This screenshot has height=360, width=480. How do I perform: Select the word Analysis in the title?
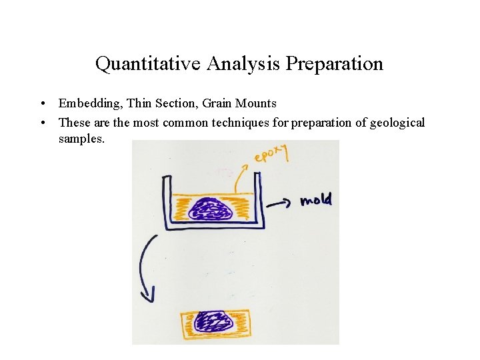pyautogui.click(x=243, y=64)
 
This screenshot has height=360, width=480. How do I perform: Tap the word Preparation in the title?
pyautogui.click(x=334, y=64)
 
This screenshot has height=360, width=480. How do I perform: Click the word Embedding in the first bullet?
pyautogui.click(x=85, y=103)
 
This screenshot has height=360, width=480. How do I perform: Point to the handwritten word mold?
pyautogui.click(x=315, y=199)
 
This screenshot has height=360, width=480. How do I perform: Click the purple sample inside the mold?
pyautogui.click(x=210, y=211)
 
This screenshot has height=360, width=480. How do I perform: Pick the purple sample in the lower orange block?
pyautogui.click(x=215, y=323)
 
